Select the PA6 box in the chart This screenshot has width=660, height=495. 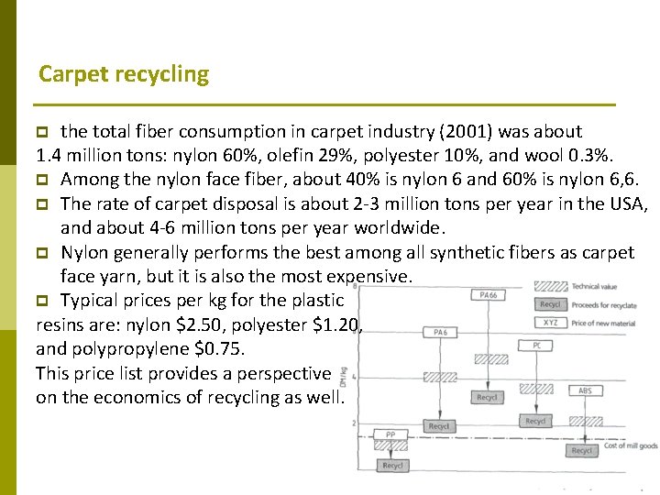coord(440,332)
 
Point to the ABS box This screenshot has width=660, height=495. coord(585,390)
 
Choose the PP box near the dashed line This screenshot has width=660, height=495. coord(390,434)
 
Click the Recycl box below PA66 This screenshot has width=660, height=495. coord(487,397)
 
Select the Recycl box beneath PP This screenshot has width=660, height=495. coord(392,466)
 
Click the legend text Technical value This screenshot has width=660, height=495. coord(594,287)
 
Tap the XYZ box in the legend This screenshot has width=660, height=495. coord(550,323)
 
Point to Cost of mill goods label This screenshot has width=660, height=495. coord(631,445)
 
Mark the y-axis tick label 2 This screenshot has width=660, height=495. coord(354,423)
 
